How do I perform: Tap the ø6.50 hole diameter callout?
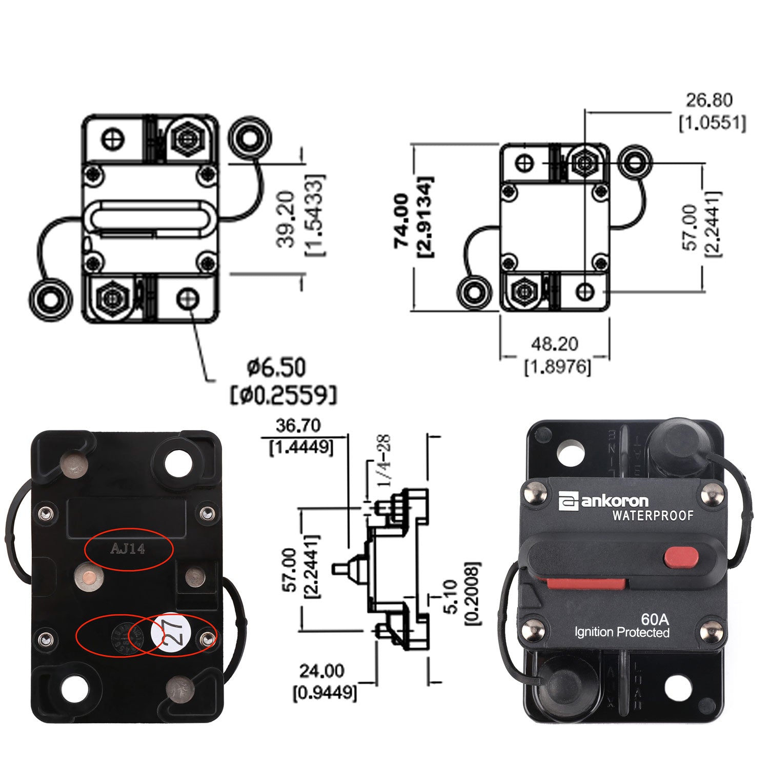point(276,368)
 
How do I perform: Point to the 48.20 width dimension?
point(555,343)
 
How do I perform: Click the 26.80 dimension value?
point(710,100)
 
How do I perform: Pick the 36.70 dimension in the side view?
point(298,425)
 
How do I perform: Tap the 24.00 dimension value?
point(321,670)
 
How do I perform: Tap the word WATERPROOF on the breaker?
point(653,515)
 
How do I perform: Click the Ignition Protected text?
point(621,632)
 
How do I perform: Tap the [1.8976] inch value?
point(557,366)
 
